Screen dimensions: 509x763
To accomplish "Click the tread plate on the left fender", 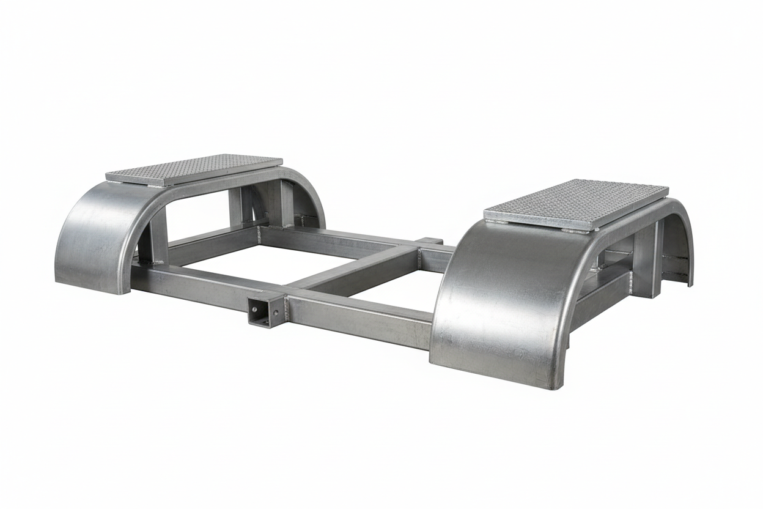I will (194, 169).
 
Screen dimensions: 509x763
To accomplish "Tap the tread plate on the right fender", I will (576, 204).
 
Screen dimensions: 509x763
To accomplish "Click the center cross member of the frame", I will (355, 269).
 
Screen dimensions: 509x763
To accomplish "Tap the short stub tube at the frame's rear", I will (432, 241).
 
